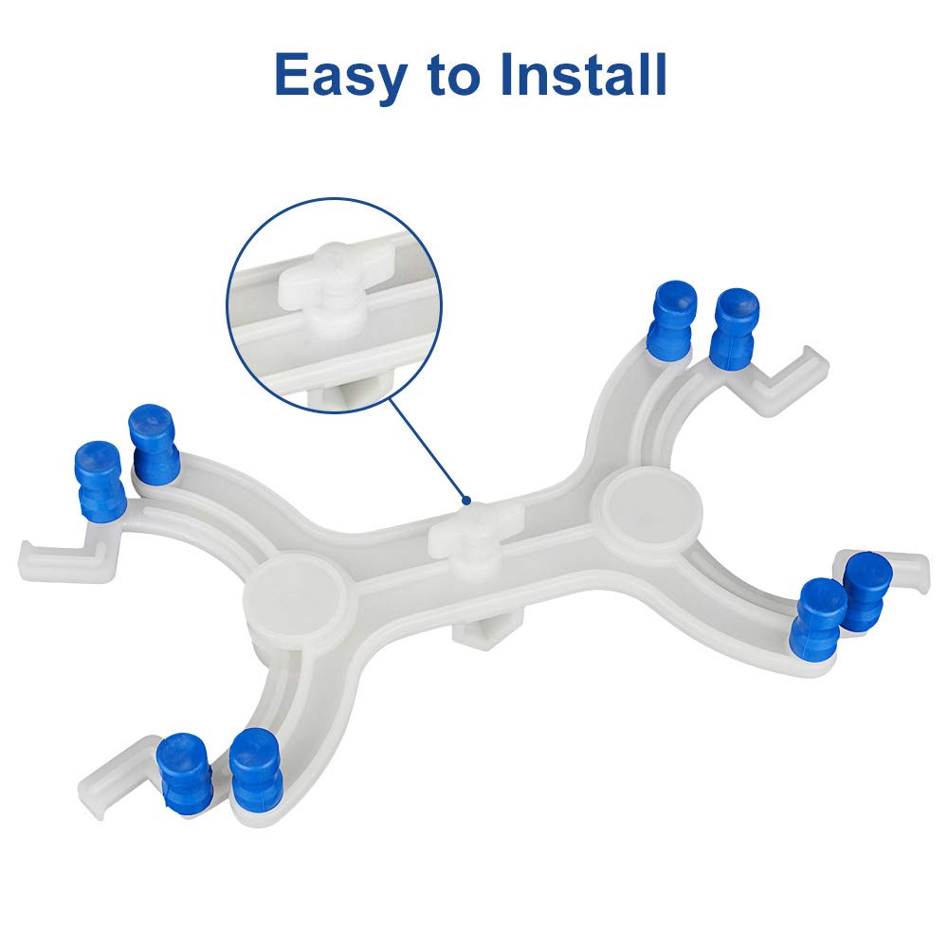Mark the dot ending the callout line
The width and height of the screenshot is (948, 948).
(465, 500)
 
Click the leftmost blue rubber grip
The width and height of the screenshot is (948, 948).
(100, 482)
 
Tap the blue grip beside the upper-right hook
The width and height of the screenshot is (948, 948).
(736, 328)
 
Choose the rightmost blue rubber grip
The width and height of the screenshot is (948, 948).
(866, 591)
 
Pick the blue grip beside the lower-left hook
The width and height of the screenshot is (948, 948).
(184, 772)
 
